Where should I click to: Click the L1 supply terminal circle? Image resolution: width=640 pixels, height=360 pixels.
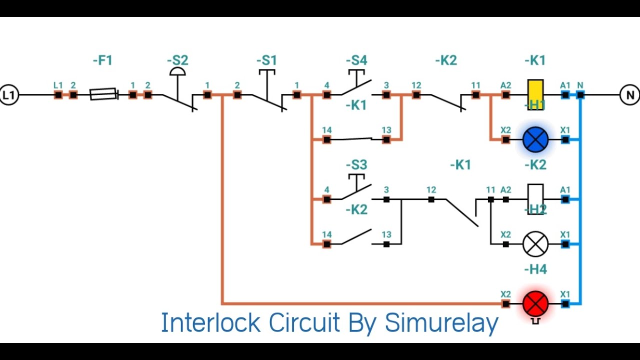(8, 94)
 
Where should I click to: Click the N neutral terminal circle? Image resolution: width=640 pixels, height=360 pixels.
(629, 94)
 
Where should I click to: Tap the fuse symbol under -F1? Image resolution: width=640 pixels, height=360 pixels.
(103, 94)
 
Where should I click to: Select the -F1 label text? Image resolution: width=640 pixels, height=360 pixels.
(102, 61)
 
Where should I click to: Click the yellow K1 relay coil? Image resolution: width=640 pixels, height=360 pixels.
(535, 91)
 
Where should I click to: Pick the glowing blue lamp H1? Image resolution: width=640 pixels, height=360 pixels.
(535, 139)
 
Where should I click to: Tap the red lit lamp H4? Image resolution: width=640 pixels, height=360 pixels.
(535, 303)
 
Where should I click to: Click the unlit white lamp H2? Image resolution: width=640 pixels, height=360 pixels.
(535, 244)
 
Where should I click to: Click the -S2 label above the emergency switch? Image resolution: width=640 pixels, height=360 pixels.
(177, 61)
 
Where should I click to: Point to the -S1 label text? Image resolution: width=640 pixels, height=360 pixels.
(266, 61)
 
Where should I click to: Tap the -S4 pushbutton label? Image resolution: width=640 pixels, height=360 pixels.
(356, 61)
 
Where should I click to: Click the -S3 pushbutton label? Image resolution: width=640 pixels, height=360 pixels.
(356, 165)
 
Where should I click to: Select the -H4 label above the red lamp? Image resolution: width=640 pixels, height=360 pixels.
(535, 269)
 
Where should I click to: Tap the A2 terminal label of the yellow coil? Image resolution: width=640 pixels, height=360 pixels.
(505, 85)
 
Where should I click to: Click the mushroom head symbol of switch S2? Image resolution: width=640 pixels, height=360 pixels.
(177, 72)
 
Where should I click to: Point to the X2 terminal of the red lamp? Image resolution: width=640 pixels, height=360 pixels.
(505, 303)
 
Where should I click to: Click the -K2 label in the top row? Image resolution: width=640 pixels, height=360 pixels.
(446, 61)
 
